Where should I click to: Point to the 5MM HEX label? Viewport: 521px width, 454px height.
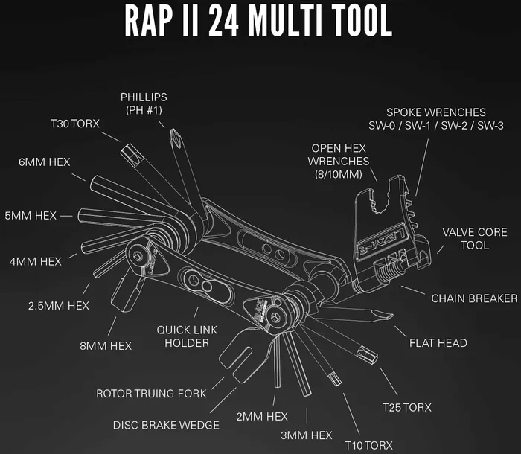tap(31, 216)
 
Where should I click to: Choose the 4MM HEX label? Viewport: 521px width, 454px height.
tap(35, 261)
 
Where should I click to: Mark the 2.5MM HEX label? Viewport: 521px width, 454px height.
tap(59, 306)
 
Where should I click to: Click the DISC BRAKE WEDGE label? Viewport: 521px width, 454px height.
tap(166, 425)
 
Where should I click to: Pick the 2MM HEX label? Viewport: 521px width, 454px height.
tap(261, 416)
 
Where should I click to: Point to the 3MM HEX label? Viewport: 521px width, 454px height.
tap(307, 435)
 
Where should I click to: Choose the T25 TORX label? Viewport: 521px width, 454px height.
tap(407, 407)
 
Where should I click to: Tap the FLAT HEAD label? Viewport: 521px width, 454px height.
tap(438, 343)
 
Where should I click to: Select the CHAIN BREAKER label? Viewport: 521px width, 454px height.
tap(474, 298)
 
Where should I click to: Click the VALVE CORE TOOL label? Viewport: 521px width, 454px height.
tap(475, 239)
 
